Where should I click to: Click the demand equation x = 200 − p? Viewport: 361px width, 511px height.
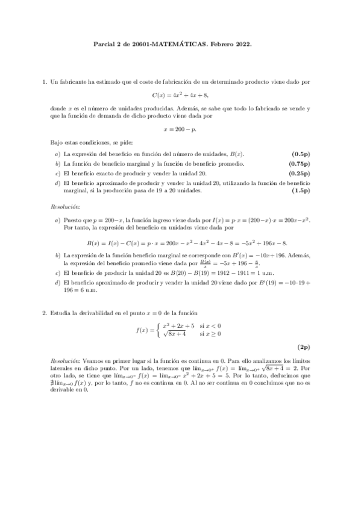pos(180,129)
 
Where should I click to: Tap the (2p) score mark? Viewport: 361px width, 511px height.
pos(303,348)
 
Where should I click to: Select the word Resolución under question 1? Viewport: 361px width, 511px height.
pos(65,206)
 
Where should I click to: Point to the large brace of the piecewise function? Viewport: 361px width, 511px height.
pos(158,329)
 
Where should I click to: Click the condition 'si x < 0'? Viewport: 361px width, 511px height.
pos(210,325)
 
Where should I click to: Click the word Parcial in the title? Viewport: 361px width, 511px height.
pos(107,44)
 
